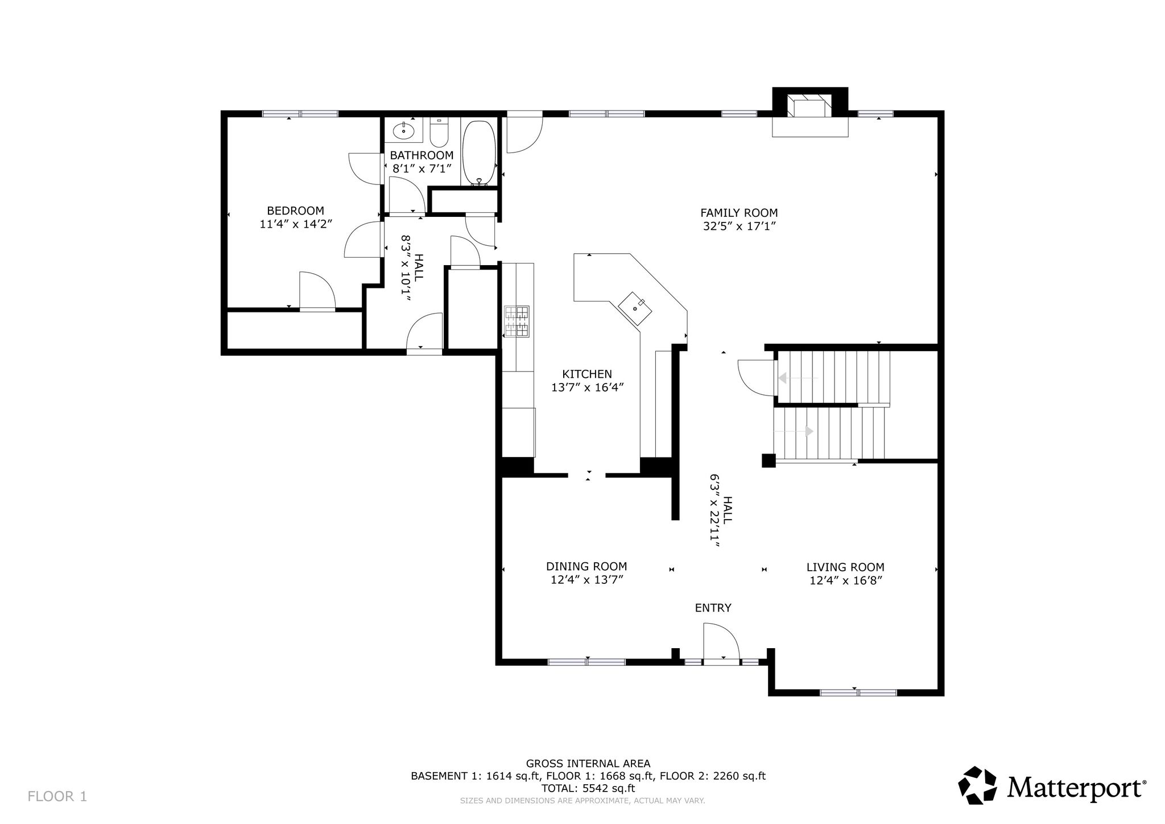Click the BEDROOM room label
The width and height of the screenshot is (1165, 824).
coord(295,211)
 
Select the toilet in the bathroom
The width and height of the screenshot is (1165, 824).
coord(439,133)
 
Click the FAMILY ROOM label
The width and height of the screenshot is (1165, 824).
coord(739,213)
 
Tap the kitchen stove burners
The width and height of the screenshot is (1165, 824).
coord(517,322)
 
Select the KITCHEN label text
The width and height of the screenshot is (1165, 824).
coord(587,374)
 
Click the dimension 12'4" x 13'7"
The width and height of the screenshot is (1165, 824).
coord(586,580)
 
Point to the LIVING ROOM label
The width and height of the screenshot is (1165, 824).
coord(845,567)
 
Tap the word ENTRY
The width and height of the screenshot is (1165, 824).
coord(713,608)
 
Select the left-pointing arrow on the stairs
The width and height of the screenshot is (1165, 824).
coord(798,378)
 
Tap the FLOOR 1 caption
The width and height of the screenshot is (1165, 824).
coord(57,796)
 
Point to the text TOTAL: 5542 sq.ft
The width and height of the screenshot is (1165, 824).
coord(588,788)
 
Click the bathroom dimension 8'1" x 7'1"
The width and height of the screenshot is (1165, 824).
coord(422,168)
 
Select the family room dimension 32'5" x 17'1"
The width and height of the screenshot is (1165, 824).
coord(740,226)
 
